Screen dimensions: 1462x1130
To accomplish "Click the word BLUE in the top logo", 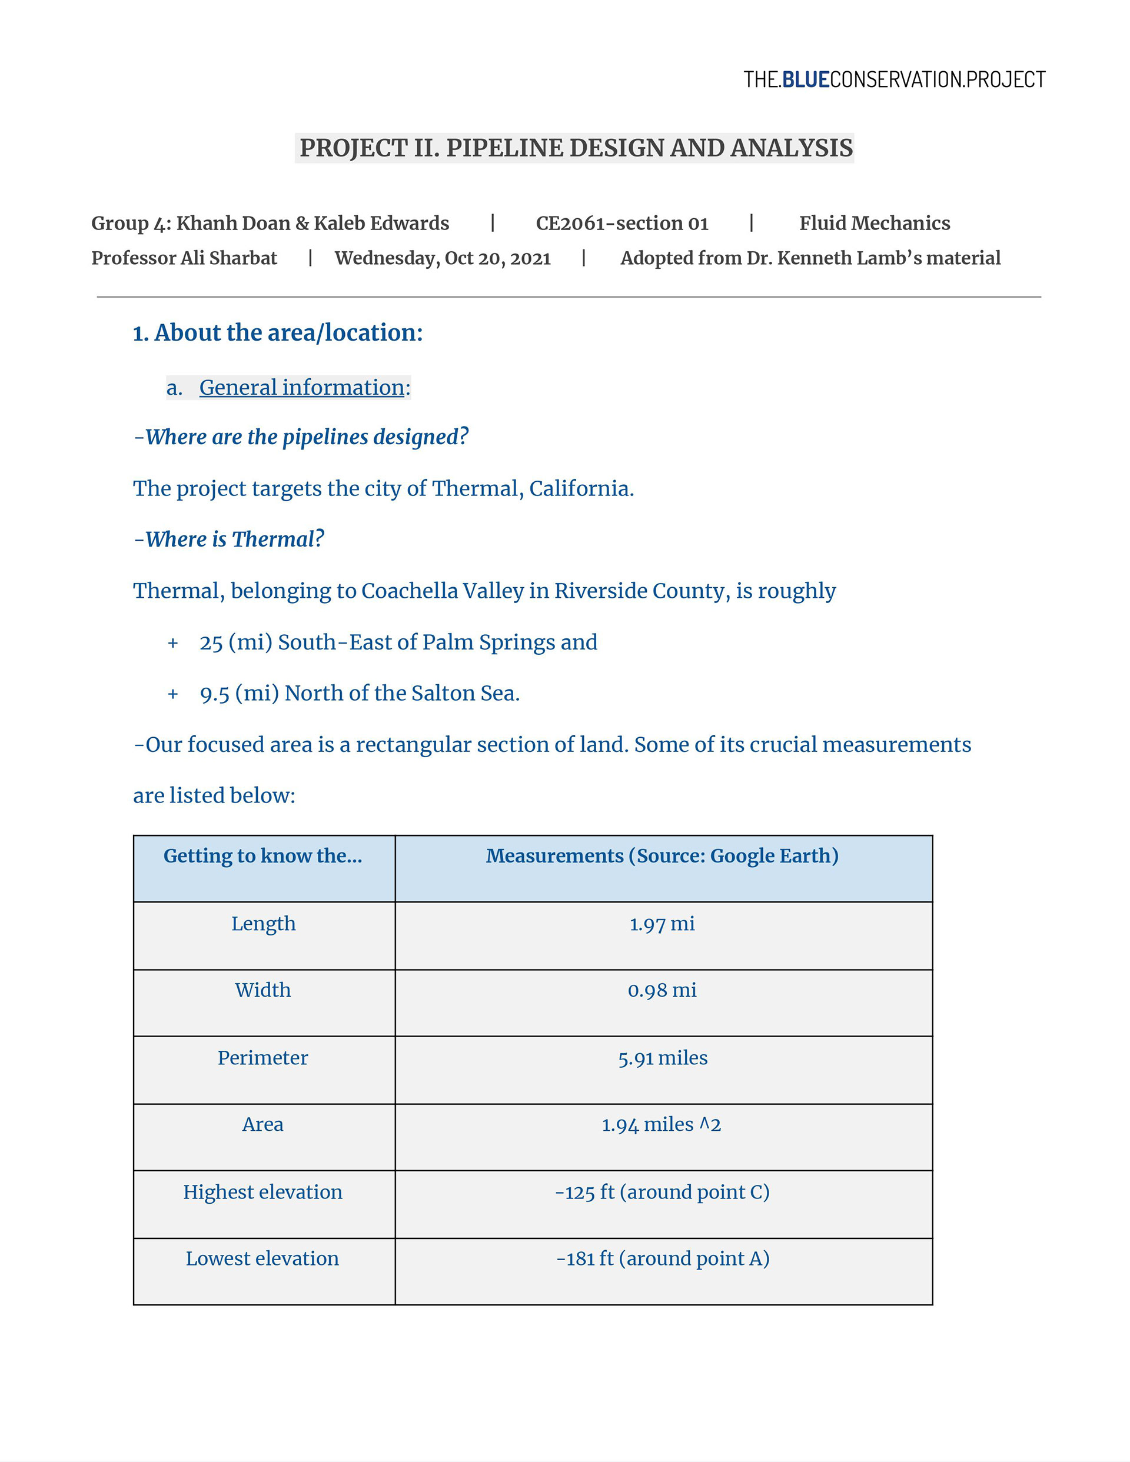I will click(x=805, y=79).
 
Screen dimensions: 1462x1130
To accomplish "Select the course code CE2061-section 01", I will click(x=621, y=223).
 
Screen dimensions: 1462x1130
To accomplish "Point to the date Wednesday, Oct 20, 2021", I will click(x=442, y=258).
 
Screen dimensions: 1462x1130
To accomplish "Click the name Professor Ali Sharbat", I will click(x=184, y=258).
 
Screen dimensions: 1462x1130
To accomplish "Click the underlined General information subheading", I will click(x=301, y=388).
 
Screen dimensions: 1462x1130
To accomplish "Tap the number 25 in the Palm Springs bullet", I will click(x=211, y=642).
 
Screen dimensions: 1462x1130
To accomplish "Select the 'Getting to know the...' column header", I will click(x=262, y=856).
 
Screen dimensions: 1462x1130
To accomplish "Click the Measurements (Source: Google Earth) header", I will click(x=662, y=856).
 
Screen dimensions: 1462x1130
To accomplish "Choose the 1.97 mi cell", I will click(x=662, y=924).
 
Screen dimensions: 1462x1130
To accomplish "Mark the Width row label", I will click(x=262, y=990).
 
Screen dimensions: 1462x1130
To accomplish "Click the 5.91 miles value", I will click(x=662, y=1058).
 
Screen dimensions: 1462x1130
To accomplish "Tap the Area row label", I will click(x=262, y=1125).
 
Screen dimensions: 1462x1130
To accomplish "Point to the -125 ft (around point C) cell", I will click(x=662, y=1192).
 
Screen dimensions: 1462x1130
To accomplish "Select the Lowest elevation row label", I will click(x=262, y=1258).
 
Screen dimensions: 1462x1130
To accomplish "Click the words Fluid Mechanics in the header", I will click(x=874, y=223).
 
